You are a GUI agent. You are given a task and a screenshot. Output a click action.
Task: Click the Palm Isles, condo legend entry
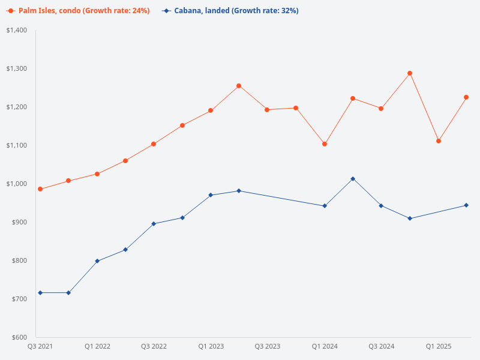point(79,11)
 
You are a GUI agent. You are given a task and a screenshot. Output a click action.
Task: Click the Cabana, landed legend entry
point(231,11)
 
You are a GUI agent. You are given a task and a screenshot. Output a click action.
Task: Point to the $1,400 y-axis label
point(16,30)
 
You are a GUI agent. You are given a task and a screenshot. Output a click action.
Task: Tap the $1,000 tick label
point(16,184)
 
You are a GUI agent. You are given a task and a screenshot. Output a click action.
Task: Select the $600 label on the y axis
point(19,337)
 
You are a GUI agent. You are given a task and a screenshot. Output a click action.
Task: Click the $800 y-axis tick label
point(19,260)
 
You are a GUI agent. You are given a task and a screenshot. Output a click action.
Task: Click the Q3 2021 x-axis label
point(40,347)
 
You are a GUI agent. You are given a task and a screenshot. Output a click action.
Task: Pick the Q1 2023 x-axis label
point(211,347)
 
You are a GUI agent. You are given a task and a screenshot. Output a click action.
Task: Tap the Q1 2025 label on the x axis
point(439,347)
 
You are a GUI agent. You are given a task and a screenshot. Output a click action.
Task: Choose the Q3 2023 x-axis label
point(267,347)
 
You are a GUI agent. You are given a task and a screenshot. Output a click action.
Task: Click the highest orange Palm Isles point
point(410,73)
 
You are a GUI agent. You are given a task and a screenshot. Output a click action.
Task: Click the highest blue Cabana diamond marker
point(353,179)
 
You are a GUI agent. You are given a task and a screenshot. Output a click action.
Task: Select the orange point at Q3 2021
point(40,189)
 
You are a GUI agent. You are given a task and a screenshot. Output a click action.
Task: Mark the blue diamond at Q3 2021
point(40,293)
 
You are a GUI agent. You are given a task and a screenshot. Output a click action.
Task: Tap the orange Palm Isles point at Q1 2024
point(325,144)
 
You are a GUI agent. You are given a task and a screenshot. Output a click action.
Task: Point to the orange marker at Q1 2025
point(439,141)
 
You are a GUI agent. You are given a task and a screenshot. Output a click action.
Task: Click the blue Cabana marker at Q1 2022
point(97,261)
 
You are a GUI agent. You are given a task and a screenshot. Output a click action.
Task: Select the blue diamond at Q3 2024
point(381,206)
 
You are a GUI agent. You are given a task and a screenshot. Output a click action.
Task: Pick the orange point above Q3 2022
point(154,144)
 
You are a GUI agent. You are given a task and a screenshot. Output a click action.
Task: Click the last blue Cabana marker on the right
point(466,205)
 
